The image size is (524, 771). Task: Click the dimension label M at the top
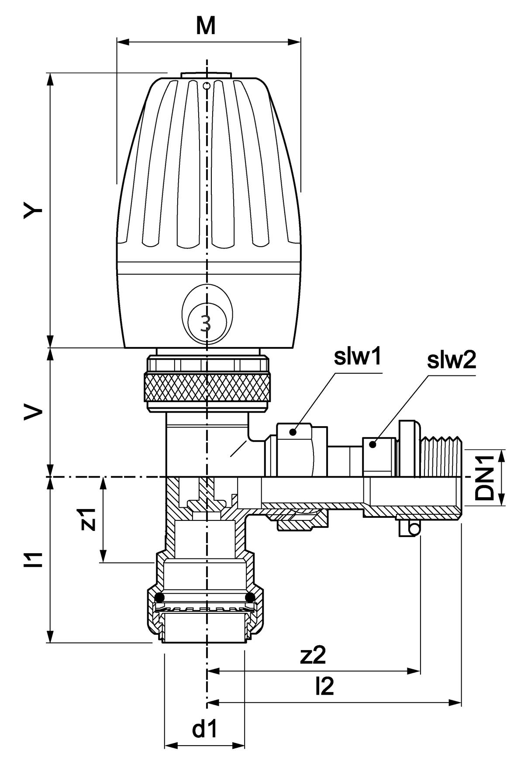click(205, 26)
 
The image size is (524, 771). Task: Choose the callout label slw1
click(357, 357)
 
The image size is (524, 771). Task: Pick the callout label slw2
click(451, 361)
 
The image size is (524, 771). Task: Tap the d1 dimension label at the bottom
click(205, 729)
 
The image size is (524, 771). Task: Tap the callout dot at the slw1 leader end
click(294, 432)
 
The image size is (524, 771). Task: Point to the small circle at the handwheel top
click(207, 85)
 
